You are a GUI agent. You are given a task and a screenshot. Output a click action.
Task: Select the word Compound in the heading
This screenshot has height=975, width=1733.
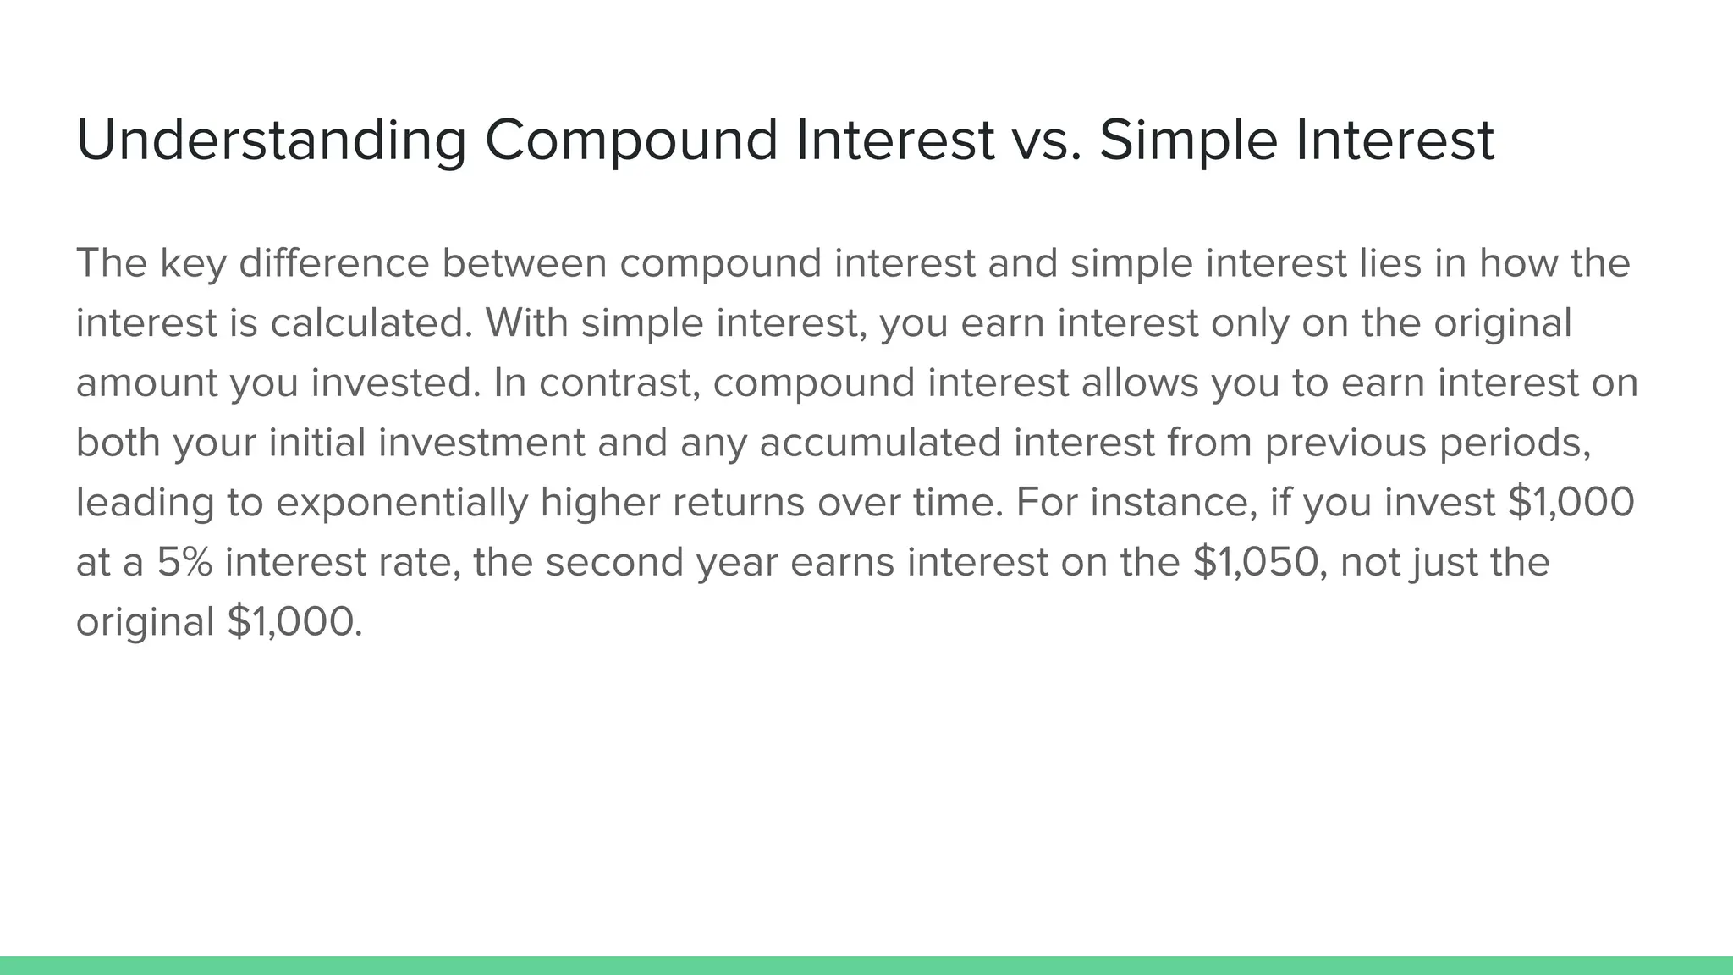coord(630,140)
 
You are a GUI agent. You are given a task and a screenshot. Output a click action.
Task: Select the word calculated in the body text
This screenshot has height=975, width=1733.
coord(371,322)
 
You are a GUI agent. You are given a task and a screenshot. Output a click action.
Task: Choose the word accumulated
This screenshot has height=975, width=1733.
coord(880,443)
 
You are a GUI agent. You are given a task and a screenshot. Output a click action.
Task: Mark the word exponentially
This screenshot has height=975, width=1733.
coord(402,503)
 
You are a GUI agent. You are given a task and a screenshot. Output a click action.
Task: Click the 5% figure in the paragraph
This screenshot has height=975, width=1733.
coord(184,563)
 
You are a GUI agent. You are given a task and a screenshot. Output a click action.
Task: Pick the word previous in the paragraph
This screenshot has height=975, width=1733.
coord(1346,443)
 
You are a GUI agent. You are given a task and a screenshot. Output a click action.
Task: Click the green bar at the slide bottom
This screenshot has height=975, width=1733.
coord(866,966)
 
